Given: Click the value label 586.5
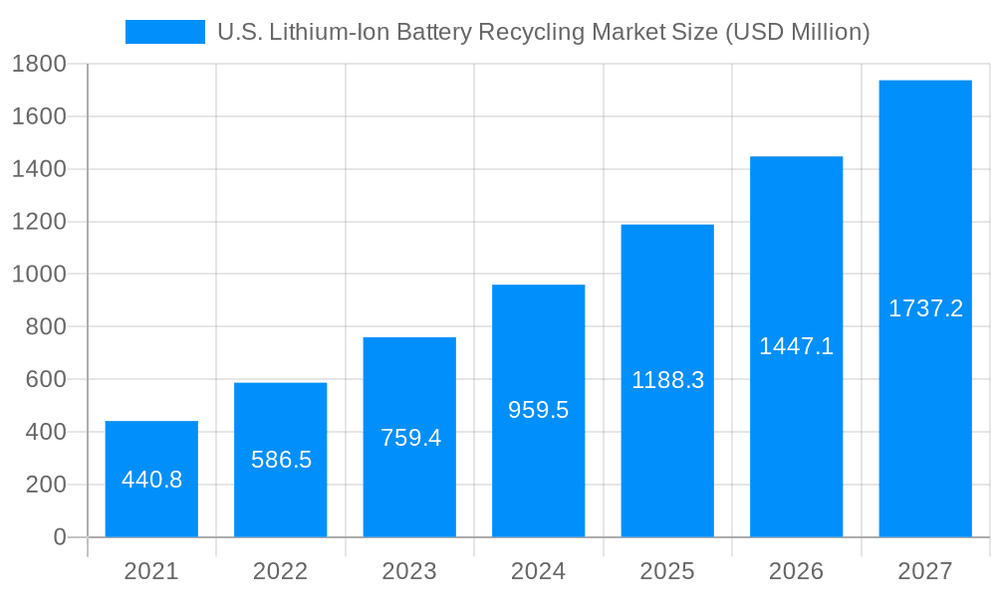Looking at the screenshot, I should pyautogui.click(x=281, y=460).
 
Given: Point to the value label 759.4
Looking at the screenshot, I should pyautogui.click(x=410, y=438).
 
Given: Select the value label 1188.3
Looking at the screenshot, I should pyautogui.click(x=667, y=380).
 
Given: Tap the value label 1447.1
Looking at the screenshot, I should pyautogui.click(x=796, y=346).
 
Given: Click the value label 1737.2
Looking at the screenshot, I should pyautogui.click(x=925, y=308).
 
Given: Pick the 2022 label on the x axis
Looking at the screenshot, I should pyautogui.click(x=281, y=571).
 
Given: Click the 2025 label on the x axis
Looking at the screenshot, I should pyautogui.click(x=667, y=571).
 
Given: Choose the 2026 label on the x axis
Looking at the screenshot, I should pyautogui.click(x=796, y=571).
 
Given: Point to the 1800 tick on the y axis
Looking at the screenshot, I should pyautogui.click(x=39, y=65).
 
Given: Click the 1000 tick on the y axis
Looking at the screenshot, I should pyautogui.click(x=39, y=275).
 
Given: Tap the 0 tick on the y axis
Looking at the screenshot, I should pyautogui.click(x=59, y=537).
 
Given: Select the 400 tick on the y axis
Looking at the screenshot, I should pyautogui.click(x=45, y=432).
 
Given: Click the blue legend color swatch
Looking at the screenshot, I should pyautogui.click(x=164, y=32).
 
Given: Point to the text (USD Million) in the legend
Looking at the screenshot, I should pyautogui.click(x=797, y=32).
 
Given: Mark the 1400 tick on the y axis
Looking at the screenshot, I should pyautogui.click(x=39, y=169).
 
